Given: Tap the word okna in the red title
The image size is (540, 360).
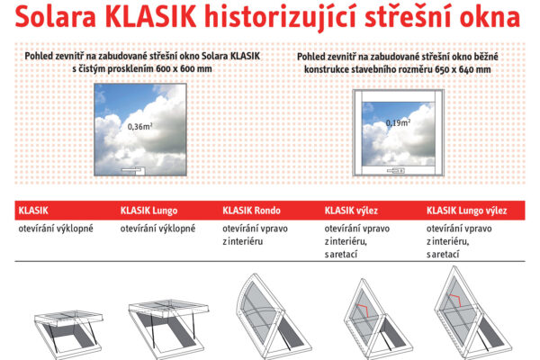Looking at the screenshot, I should [x=487, y=18].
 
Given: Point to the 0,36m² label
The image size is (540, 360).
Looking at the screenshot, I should [x=139, y=127].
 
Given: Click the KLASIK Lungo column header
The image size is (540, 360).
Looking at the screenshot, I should [x=148, y=211].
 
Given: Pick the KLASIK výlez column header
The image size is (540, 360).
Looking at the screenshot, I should [x=351, y=211].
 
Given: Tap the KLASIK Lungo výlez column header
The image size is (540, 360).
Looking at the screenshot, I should [x=466, y=211].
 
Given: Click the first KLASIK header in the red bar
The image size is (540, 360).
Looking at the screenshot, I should [x=33, y=211].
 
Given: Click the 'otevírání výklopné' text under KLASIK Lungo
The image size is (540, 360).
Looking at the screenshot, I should [x=157, y=229].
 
